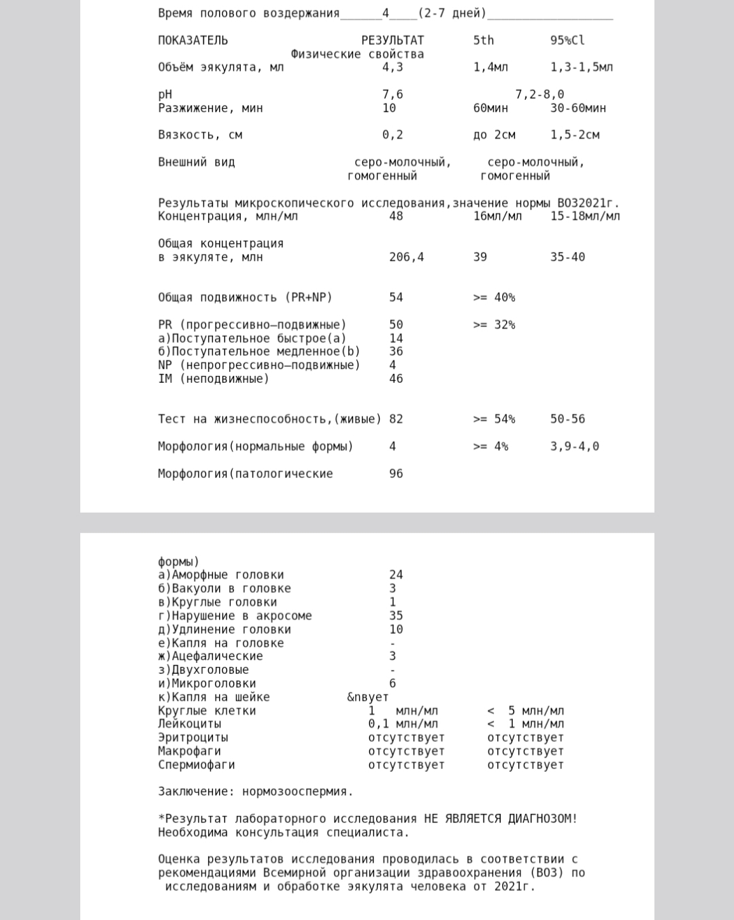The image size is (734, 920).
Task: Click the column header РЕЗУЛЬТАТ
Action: click(x=393, y=40)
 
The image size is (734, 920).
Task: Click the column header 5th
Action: click(x=484, y=40)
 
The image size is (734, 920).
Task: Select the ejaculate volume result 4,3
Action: click(x=393, y=67)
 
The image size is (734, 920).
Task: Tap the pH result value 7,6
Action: click(x=393, y=95)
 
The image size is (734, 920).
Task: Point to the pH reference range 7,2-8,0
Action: click(x=539, y=95)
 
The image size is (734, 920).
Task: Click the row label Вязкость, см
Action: click(x=200, y=135)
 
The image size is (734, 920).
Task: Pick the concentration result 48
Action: click(x=396, y=216)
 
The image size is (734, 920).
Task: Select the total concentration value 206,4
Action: click(x=406, y=257)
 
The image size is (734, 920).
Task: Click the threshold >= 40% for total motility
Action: click(x=494, y=298)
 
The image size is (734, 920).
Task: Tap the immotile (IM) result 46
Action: click(x=396, y=379)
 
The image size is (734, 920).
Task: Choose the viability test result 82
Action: click(x=396, y=419)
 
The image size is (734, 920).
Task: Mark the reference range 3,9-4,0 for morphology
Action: click(x=575, y=447)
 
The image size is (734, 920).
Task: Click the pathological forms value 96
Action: click(x=396, y=473)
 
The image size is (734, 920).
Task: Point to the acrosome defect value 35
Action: click(x=396, y=615)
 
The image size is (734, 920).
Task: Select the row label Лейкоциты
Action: click(x=190, y=724)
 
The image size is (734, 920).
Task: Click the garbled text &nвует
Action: click(x=367, y=697)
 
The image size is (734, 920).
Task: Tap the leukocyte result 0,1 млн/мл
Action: click(x=403, y=724)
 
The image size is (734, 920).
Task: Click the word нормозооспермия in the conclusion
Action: click(x=297, y=791)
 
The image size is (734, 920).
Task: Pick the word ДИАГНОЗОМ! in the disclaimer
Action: click(x=542, y=819)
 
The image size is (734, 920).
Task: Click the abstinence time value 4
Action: click(x=386, y=13)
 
